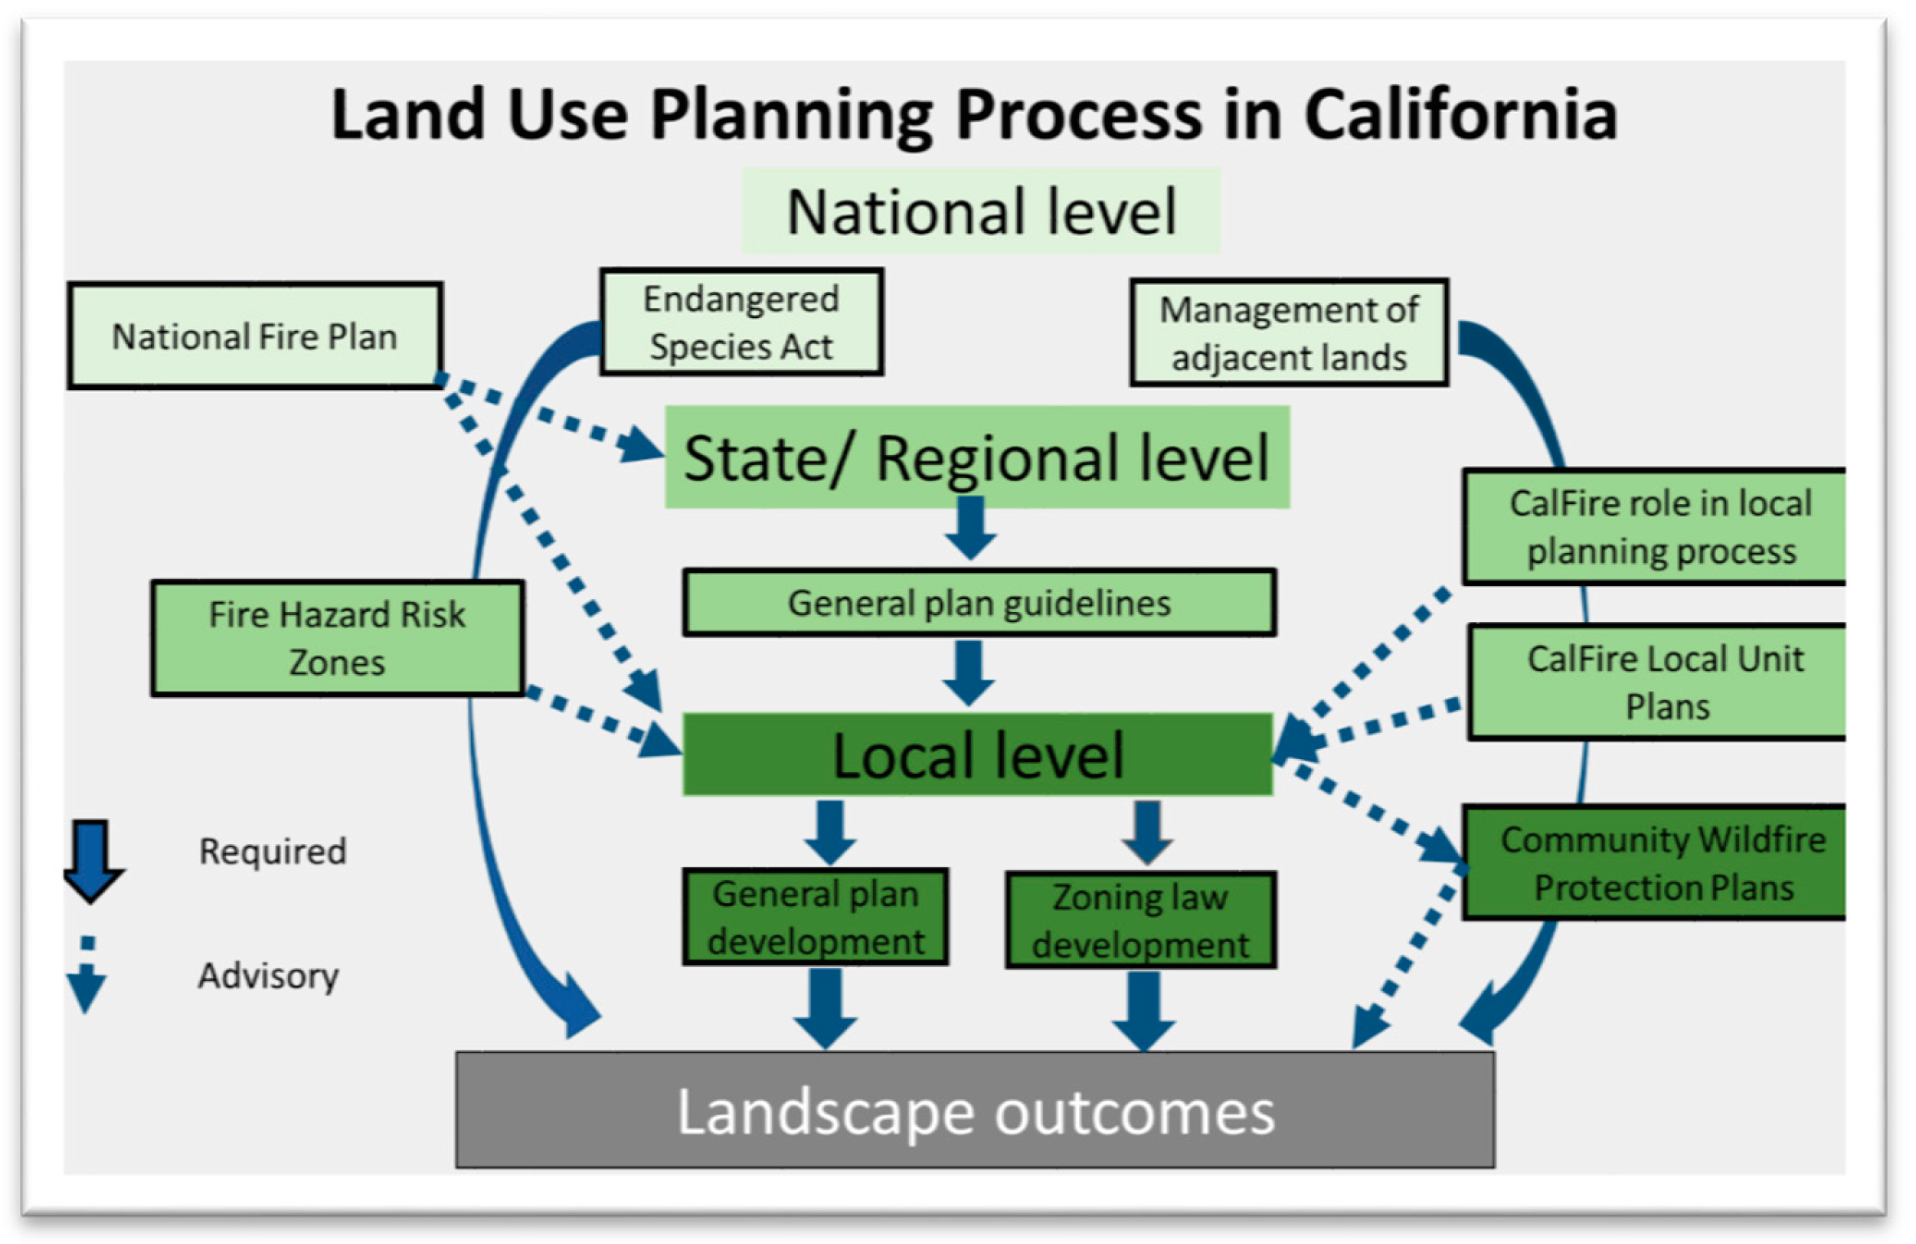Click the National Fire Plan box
click(254, 336)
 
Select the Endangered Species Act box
click(741, 322)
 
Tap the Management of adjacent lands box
click(1288, 332)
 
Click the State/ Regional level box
click(976, 457)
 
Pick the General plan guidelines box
click(979, 603)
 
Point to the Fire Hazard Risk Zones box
click(337, 637)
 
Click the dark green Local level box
click(977, 755)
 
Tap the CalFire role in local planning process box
click(1660, 526)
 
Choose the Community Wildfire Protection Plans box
click(1662, 863)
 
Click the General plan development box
click(816, 917)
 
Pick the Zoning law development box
click(1140, 920)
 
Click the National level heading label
click(980, 211)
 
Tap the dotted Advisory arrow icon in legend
click(86, 975)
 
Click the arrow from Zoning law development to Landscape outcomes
click(1143, 1009)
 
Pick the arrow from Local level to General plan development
click(830, 830)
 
